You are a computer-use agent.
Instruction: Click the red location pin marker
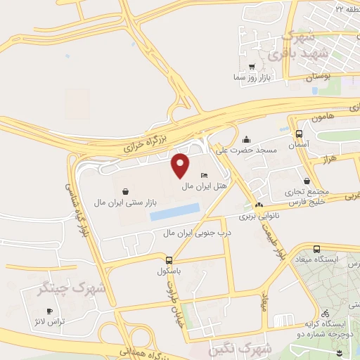coord(181,165)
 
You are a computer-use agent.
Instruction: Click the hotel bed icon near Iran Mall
coord(204,175)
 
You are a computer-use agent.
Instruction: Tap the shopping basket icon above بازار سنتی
coord(125,191)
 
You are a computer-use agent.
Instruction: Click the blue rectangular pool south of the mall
coord(175,211)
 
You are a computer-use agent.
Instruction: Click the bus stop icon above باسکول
coord(160,259)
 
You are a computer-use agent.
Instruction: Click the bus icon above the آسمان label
coord(299,133)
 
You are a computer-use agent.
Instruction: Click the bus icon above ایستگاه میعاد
coord(316,249)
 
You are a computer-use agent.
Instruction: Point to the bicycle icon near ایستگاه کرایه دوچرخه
coord(324,314)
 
